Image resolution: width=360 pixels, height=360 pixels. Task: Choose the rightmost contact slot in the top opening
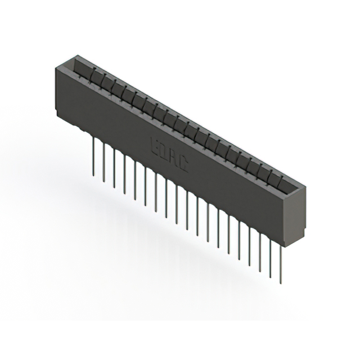[x=284, y=179]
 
